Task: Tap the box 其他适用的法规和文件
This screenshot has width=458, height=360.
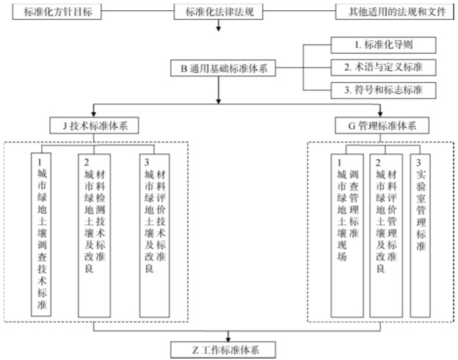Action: coord(391,12)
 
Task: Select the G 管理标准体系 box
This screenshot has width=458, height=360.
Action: coord(380,126)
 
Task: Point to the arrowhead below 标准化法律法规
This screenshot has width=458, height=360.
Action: coord(219,28)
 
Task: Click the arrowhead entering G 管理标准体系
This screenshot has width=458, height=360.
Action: coord(380,114)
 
